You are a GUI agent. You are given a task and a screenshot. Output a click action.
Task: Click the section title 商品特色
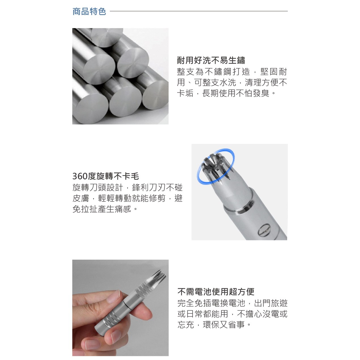pos(89,11)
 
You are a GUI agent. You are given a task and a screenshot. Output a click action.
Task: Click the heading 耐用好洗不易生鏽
pos(211,60)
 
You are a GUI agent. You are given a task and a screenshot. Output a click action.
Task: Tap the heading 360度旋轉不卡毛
pos(106,176)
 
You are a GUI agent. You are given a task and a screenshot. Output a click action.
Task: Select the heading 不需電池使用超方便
pos(216,292)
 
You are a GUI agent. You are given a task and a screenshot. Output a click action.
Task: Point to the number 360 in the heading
pos(80,176)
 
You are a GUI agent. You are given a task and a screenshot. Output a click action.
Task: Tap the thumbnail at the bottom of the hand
pos(92,345)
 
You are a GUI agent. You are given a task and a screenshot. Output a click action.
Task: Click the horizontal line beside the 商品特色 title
pos(199,11)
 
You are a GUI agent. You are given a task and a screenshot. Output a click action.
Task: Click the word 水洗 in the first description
pos(228,82)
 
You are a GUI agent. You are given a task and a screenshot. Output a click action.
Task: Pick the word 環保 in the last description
pos(211,325)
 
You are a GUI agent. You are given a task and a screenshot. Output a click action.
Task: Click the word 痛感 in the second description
pos(123,209)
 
